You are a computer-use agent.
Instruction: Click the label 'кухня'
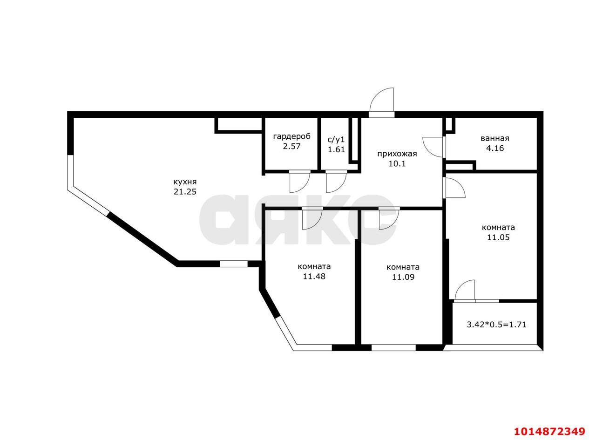point(185,182)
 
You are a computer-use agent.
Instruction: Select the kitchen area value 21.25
point(185,191)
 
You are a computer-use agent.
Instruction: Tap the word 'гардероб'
point(291,136)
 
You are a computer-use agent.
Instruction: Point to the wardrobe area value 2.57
point(291,146)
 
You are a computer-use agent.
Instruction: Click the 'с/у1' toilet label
point(336,139)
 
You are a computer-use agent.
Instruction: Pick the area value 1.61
point(336,149)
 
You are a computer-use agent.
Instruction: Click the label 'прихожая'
point(397,154)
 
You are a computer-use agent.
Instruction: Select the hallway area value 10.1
point(397,164)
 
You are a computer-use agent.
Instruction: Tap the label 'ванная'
point(494,138)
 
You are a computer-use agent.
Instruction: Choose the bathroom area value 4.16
point(494,149)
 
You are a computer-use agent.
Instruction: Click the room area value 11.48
point(314,276)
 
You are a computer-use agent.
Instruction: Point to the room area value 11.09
point(403,277)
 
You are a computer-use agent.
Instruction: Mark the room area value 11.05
point(498,237)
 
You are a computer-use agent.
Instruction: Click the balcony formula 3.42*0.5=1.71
point(496,325)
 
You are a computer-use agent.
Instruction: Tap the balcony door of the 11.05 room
point(465,291)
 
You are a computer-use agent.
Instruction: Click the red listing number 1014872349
point(549,431)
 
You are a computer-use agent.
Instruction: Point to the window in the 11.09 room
point(393,347)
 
